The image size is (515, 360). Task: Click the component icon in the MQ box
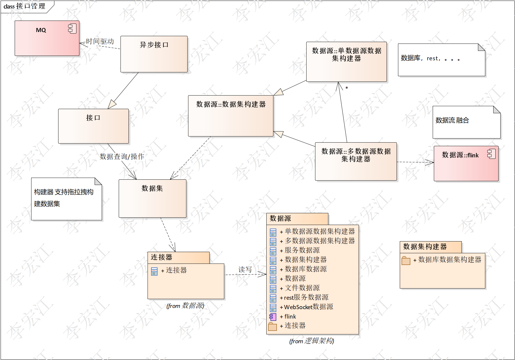click(x=72, y=29)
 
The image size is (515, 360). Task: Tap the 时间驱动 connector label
click(x=100, y=41)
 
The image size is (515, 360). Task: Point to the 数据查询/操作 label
click(x=122, y=156)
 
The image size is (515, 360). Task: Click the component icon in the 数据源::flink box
click(x=491, y=154)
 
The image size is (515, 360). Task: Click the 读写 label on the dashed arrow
click(x=245, y=269)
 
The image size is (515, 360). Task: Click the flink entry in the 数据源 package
click(x=290, y=316)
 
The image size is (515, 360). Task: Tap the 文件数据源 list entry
click(x=302, y=288)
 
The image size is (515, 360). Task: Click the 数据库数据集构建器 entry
click(x=449, y=260)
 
